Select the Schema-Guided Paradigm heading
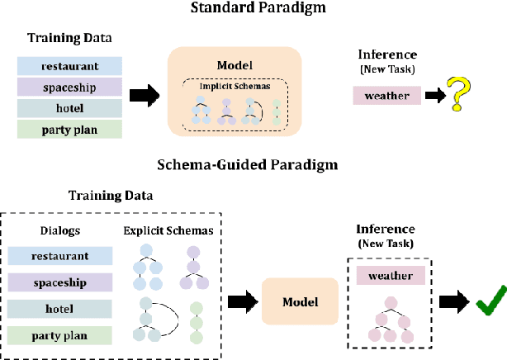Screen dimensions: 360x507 (x=248, y=164)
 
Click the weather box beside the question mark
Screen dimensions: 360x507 (x=386, y=96)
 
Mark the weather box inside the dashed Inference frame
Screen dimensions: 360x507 (x=391, y=275)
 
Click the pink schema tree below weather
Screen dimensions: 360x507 (x=390, y=320)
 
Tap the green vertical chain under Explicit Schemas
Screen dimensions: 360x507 (x=196, y=323)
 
